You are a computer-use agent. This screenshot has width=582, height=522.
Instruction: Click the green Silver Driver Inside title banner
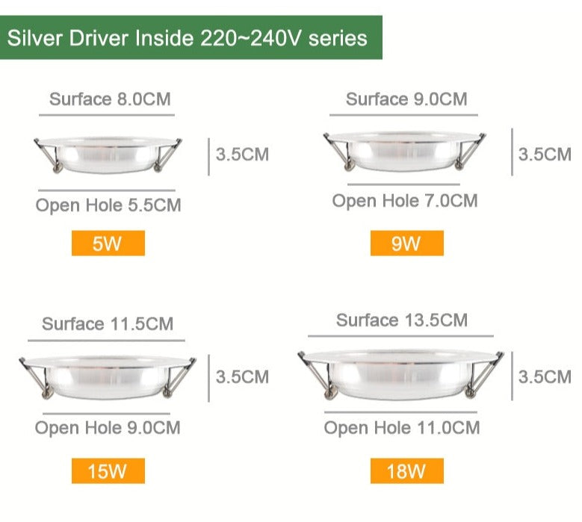tap(191, 37)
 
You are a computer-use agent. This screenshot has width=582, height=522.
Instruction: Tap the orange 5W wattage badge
tap(108, 243)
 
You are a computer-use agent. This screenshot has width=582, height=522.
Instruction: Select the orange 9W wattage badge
tap(406, 243)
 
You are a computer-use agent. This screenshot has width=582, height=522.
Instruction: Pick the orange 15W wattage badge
tap(108, 471)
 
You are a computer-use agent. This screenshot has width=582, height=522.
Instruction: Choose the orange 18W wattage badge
tap(406, 471)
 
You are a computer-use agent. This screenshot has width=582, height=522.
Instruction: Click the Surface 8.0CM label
tap(105, 99)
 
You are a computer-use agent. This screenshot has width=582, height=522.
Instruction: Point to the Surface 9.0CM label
tap(406, 99)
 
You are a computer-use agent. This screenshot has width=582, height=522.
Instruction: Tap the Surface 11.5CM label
tap(108, 323)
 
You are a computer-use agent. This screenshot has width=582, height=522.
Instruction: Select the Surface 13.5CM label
tap(402, 320)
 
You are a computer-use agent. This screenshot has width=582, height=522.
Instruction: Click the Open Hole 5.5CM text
tap(108, 205)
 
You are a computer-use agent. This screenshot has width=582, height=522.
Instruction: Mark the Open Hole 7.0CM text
tap(405, 200)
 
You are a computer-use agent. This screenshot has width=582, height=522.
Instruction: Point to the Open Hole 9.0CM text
tap(108, 428)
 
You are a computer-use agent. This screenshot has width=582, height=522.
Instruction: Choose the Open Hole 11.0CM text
tap(402, 428)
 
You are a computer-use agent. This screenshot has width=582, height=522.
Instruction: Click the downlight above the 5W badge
tap(107, 154)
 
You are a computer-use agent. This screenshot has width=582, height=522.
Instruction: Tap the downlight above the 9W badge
tap(403, 152)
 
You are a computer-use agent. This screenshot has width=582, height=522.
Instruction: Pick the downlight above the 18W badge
tap(400, 373)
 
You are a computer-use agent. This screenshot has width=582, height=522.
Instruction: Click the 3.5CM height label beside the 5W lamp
tap(242, 155)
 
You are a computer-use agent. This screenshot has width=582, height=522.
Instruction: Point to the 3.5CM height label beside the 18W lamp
tap(545, 376)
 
